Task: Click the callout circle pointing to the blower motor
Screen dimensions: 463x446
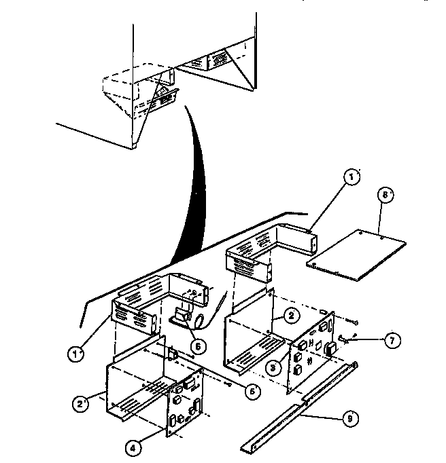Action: [x=196, y=345]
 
